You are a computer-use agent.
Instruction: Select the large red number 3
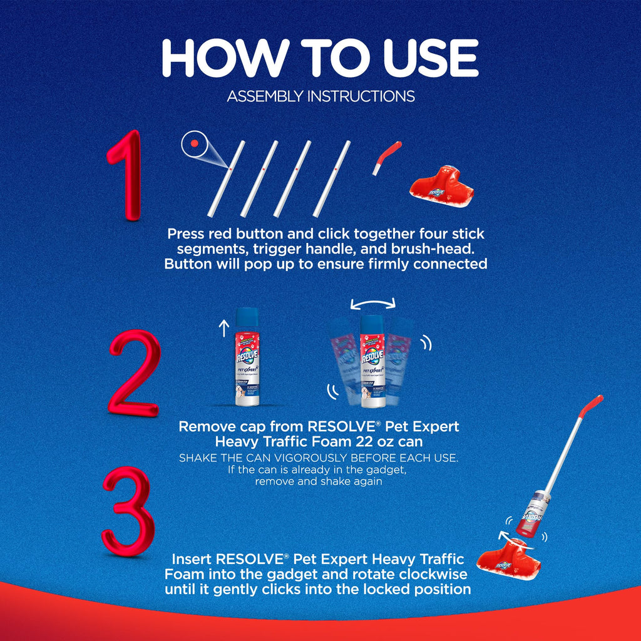click(x=129, y=511)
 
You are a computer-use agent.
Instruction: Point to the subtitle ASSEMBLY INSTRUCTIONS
click(x=321, y=96)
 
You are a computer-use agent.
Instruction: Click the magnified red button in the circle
click(x=195, y=143)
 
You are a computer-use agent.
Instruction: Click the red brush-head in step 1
click(x=441, y=187)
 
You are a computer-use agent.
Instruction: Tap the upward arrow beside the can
click(x=223, y=328)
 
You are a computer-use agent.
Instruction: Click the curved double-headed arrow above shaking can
click(x=373, y=302)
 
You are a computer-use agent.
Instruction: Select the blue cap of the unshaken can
click(x=247, y=317)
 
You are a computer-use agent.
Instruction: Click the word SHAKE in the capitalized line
click(x=198, y=458)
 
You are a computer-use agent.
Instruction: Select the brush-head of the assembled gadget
click(x=508, y=559)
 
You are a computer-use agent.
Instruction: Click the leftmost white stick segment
click(x=226, y=178)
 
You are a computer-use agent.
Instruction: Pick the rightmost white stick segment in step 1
click(x=332, y=178)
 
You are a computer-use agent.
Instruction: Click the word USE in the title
click(x=431, y=58)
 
